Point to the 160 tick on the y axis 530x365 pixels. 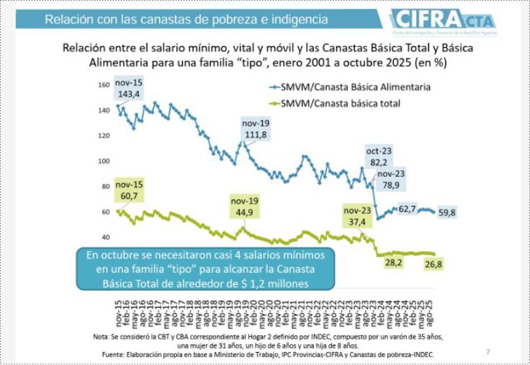[x=104, y=85]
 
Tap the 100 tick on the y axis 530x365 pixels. [x=104, y=161]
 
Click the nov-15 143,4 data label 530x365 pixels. [x=129, y=89]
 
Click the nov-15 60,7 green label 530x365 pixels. [x=128, y=190]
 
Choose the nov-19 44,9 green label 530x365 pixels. [x=245, y=206]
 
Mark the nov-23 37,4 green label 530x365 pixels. [x=358, y=218]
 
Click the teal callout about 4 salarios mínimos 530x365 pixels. [x=205, y=268]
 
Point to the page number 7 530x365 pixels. [x=487, y=352]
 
